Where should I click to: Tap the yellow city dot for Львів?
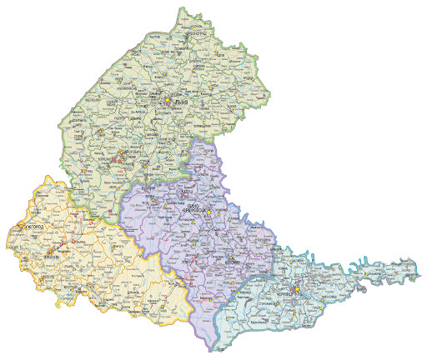167,102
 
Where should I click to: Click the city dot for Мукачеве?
53,250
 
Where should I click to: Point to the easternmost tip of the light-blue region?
419,272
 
